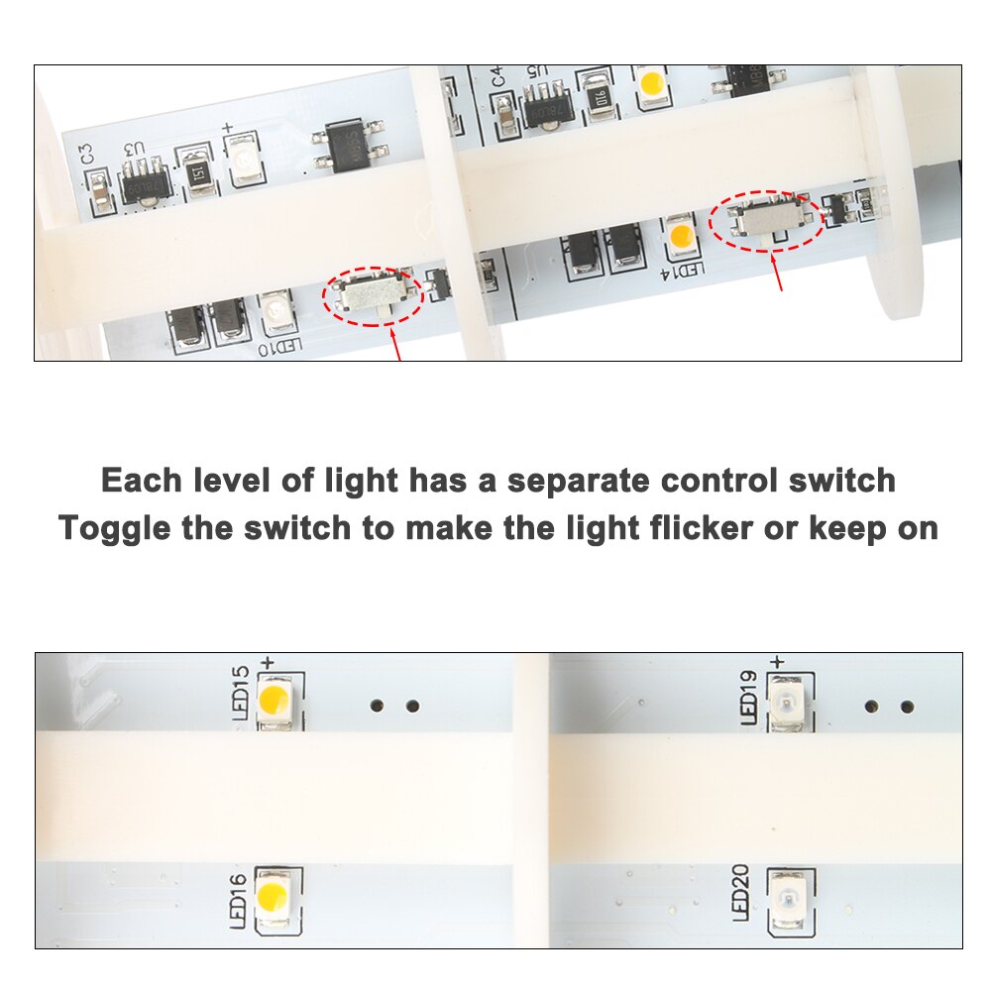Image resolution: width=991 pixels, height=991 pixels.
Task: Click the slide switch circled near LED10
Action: click(x=371, y=294)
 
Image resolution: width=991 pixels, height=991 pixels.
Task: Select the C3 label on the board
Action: click(x=87, y=155)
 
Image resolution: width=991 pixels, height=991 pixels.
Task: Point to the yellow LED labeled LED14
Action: click(x=681, y=237)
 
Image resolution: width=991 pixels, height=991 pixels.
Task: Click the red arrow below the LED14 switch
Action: click(x=778, y=270)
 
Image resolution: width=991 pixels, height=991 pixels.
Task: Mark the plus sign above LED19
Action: click(x=777, y=661)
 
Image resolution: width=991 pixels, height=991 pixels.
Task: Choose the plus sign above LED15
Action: click(x=266, y=661)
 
